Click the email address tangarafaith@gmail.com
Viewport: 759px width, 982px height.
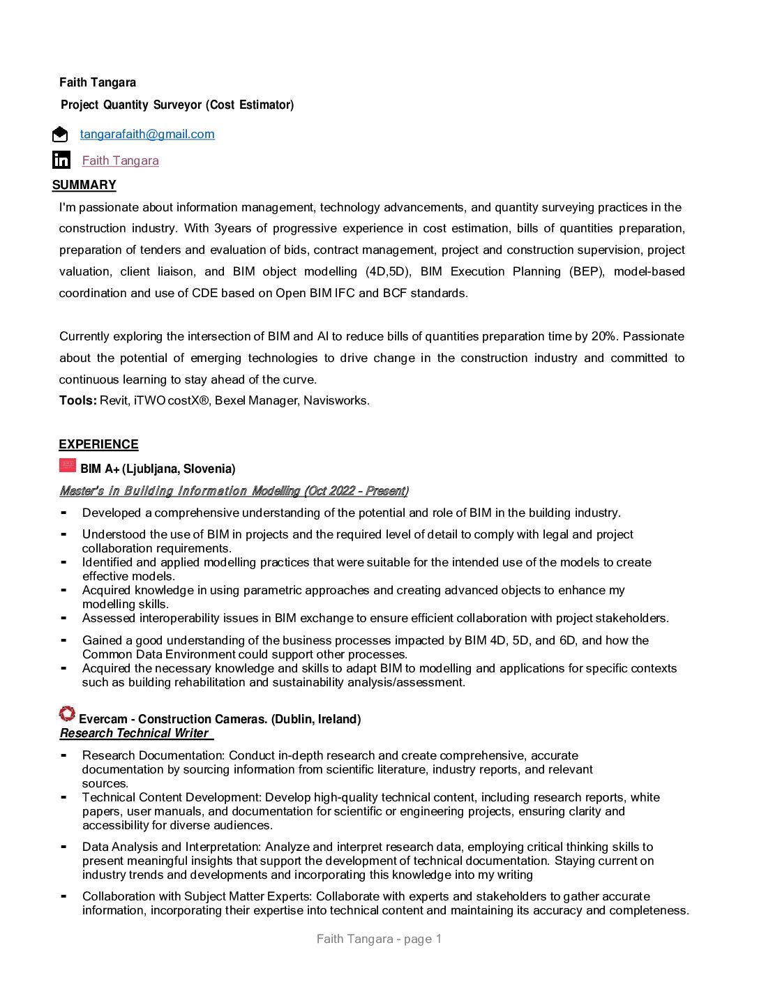pos(147,134)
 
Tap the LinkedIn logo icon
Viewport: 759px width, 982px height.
pos(61,160)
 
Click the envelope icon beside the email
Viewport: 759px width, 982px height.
pos(61,134)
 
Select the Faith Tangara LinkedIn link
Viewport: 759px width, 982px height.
pos(120,160)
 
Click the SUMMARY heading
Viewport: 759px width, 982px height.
pos(84,185)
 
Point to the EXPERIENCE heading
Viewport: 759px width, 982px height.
pos(98,444)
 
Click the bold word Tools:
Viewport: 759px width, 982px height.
pos(77,400)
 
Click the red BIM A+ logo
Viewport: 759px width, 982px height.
pos(68,464)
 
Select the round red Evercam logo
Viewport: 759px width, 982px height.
pos(67,713)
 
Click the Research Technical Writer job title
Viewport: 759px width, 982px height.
pos(135,733)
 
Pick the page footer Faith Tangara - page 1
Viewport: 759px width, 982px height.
pos(379,939)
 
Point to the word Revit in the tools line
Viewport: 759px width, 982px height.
pos(114,400)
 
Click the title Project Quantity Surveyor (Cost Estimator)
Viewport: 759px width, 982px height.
pos(177,105)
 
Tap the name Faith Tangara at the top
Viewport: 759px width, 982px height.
pos(98,82)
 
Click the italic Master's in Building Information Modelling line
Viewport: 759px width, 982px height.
pos(234,491)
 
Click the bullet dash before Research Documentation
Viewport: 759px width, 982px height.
pos(63,755)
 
